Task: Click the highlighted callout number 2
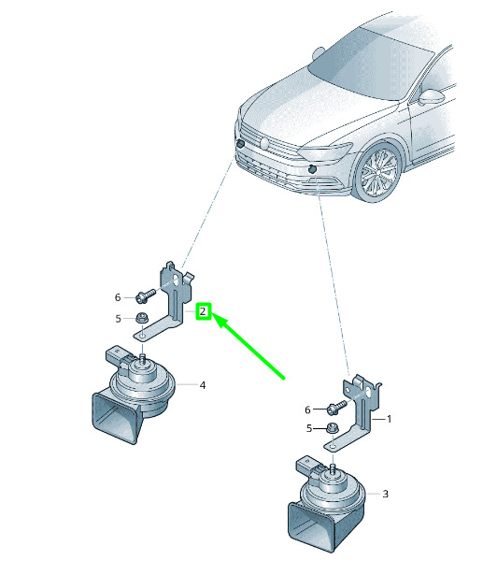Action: click(203, 311)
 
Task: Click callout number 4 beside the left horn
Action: click(203, 385)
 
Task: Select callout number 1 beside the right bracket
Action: click(389, 419)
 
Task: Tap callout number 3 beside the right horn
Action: click(385, 494)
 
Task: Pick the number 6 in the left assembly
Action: click(118, 297)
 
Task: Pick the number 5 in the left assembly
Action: click(118, 319)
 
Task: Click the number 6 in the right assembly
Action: click(307, 410)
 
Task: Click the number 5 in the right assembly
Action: click(309, 428)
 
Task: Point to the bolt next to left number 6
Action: click(146, 296)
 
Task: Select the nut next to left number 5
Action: click(141, 318)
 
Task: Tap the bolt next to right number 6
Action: click(336, 407)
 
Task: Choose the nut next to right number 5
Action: click(333, 427)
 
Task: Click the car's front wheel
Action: click(378, 173)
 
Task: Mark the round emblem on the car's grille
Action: click(264, 143)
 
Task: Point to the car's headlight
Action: click(325, 151)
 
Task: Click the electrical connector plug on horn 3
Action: click(306, 465)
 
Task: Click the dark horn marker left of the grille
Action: click(240, 144)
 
